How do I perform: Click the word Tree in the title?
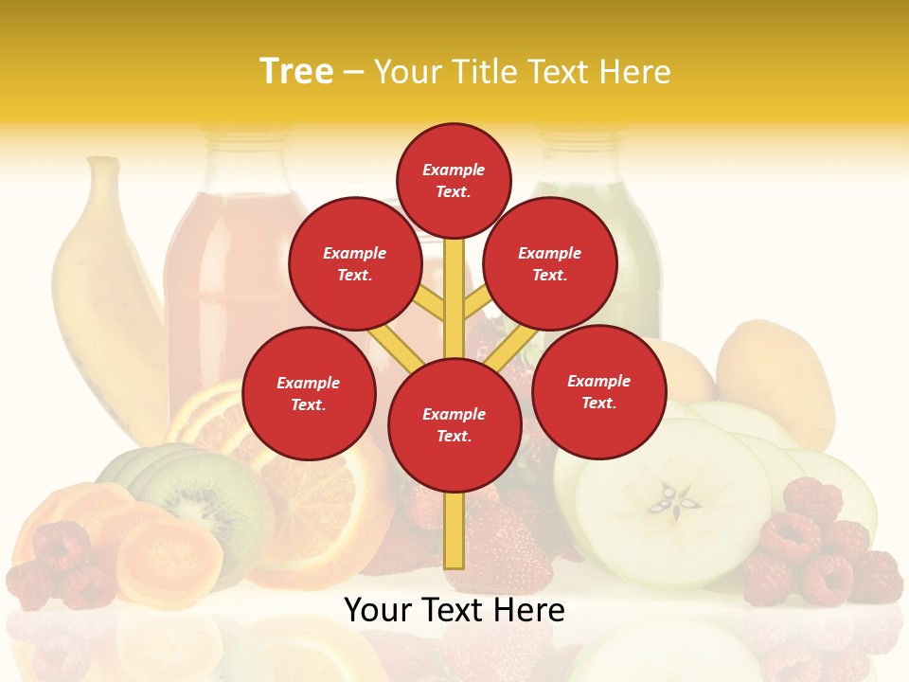296,72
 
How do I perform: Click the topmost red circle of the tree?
454,180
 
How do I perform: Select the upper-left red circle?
354,263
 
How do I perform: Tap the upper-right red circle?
550,263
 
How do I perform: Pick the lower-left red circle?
309,393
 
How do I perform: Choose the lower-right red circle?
599,391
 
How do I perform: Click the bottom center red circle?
454,425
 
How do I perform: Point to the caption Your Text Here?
454,610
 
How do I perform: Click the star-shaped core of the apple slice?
675,498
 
